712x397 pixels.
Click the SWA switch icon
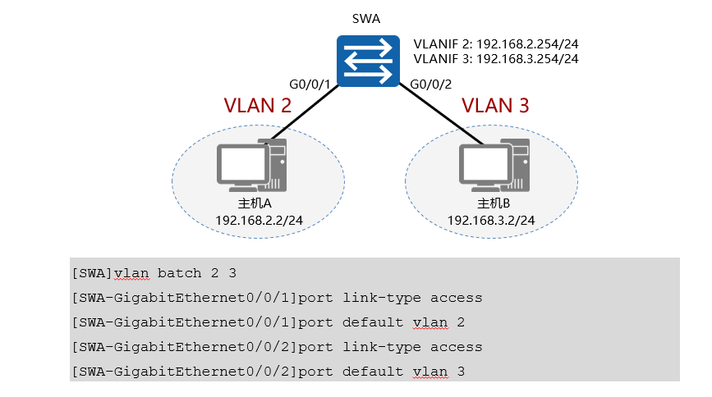click(x=367, y=62)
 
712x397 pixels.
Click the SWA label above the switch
click(x=367, y=19)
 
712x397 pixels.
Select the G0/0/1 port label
click(x=310, y=84)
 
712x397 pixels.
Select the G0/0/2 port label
click(x=430, y=84)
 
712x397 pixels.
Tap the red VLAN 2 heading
click(x=258, y=106)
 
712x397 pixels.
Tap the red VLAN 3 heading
click(x=495, y=106)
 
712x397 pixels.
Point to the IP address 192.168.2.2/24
click(x=259, y=221)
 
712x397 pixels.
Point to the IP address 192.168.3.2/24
click(x=492, y=221)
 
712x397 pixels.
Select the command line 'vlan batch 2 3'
click(x=155, y=272)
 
